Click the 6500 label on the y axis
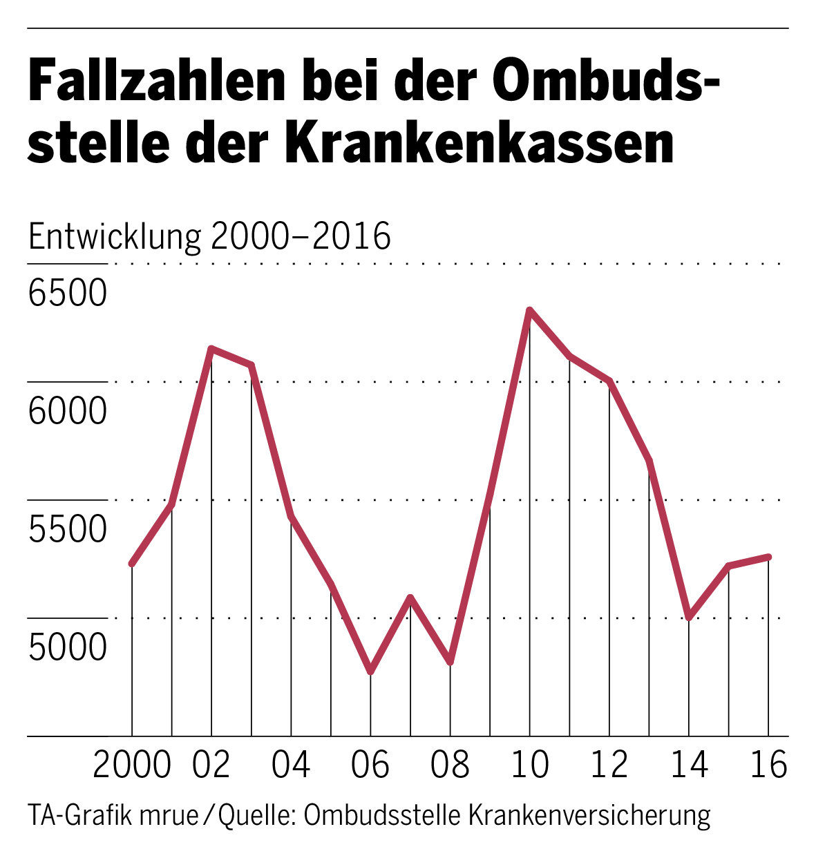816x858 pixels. [x=68, y=293]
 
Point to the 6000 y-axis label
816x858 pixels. [x=68, y=411]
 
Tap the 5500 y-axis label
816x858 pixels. [x=68, y=529]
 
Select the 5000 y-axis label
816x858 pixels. [x=68, y=647]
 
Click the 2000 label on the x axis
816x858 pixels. [x=132, y=765]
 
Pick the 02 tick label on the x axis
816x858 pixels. [x=211, y=765]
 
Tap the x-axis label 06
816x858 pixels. [x=371, y=765]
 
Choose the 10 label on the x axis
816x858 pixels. [x=530, y=765]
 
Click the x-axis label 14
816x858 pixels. [x=689, y=765]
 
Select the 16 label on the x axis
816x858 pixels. [x=768, y=765]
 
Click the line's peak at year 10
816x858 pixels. [x=529, y=310]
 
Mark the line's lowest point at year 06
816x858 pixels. [x=371, y=671]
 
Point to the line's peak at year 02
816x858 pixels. [x=211, y=348]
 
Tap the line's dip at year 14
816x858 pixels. [x=689, y=617]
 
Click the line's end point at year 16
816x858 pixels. [x=768, y=557]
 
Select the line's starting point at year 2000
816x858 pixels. [x=132, y=564]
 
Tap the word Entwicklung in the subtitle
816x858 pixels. [x=114, y=237]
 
